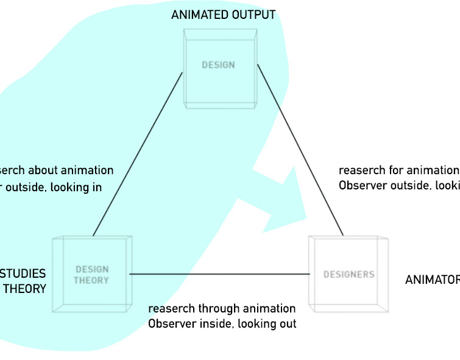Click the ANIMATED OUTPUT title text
coord(223,15)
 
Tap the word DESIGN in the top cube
coord(218,65)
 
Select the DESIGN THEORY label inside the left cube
coord(91,275)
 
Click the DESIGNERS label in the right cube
coord(349,275)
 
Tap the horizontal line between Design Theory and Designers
coord(219,274)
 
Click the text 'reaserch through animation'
coord(222,309)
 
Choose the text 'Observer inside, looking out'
coord(222,323)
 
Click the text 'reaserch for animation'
coord(398,171)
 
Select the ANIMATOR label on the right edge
coord(432,280)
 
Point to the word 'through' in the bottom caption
coord(221,309)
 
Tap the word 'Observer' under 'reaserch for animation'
coord(363,185)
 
